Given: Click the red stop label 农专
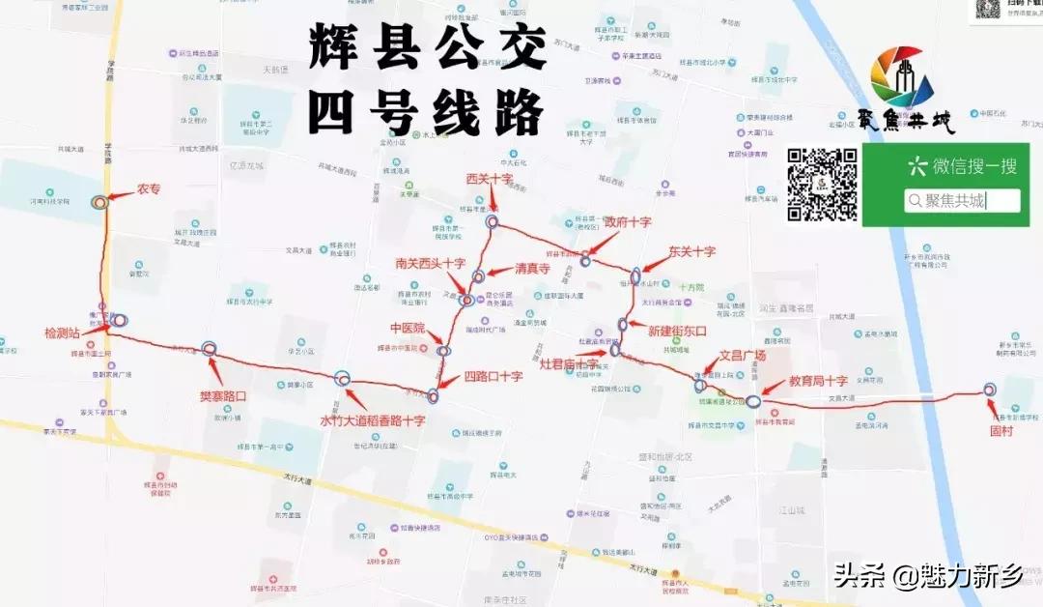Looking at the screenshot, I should pyautogui.click(x=148, y=189).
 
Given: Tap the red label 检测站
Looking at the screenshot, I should pyautogui.click(x=65, y=332).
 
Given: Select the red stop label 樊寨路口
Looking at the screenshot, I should pyautogui.click(x=223, y=396).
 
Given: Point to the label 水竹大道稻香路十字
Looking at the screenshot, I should pyautogui.click(x=373, y=420).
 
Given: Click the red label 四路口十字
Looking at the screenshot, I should pyautogui.click(x=493, y=376).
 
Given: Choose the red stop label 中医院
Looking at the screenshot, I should pyautogui.click(x=408, y=329).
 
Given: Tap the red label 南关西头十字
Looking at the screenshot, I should pyautogui.click(x=430, y=263).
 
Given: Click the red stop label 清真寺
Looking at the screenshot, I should pyautogui.click(x=532, y=269).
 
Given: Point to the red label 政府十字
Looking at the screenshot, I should pyautogui.click(x=628, y=221).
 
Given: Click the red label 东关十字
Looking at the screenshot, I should pyautogui.click(x=691, y=251).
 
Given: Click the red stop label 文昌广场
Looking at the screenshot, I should pyautogui.click(x=743, y=355).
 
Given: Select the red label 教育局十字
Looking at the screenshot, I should pyautogui.click(x=818, y=381).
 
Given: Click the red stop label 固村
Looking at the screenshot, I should pyautogui.click(x=1001, y=431).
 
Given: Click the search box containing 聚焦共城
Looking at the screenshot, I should pyautogui.click(x=962, y=200).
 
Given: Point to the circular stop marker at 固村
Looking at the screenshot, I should pyautogui.click(x=989, y=390).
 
